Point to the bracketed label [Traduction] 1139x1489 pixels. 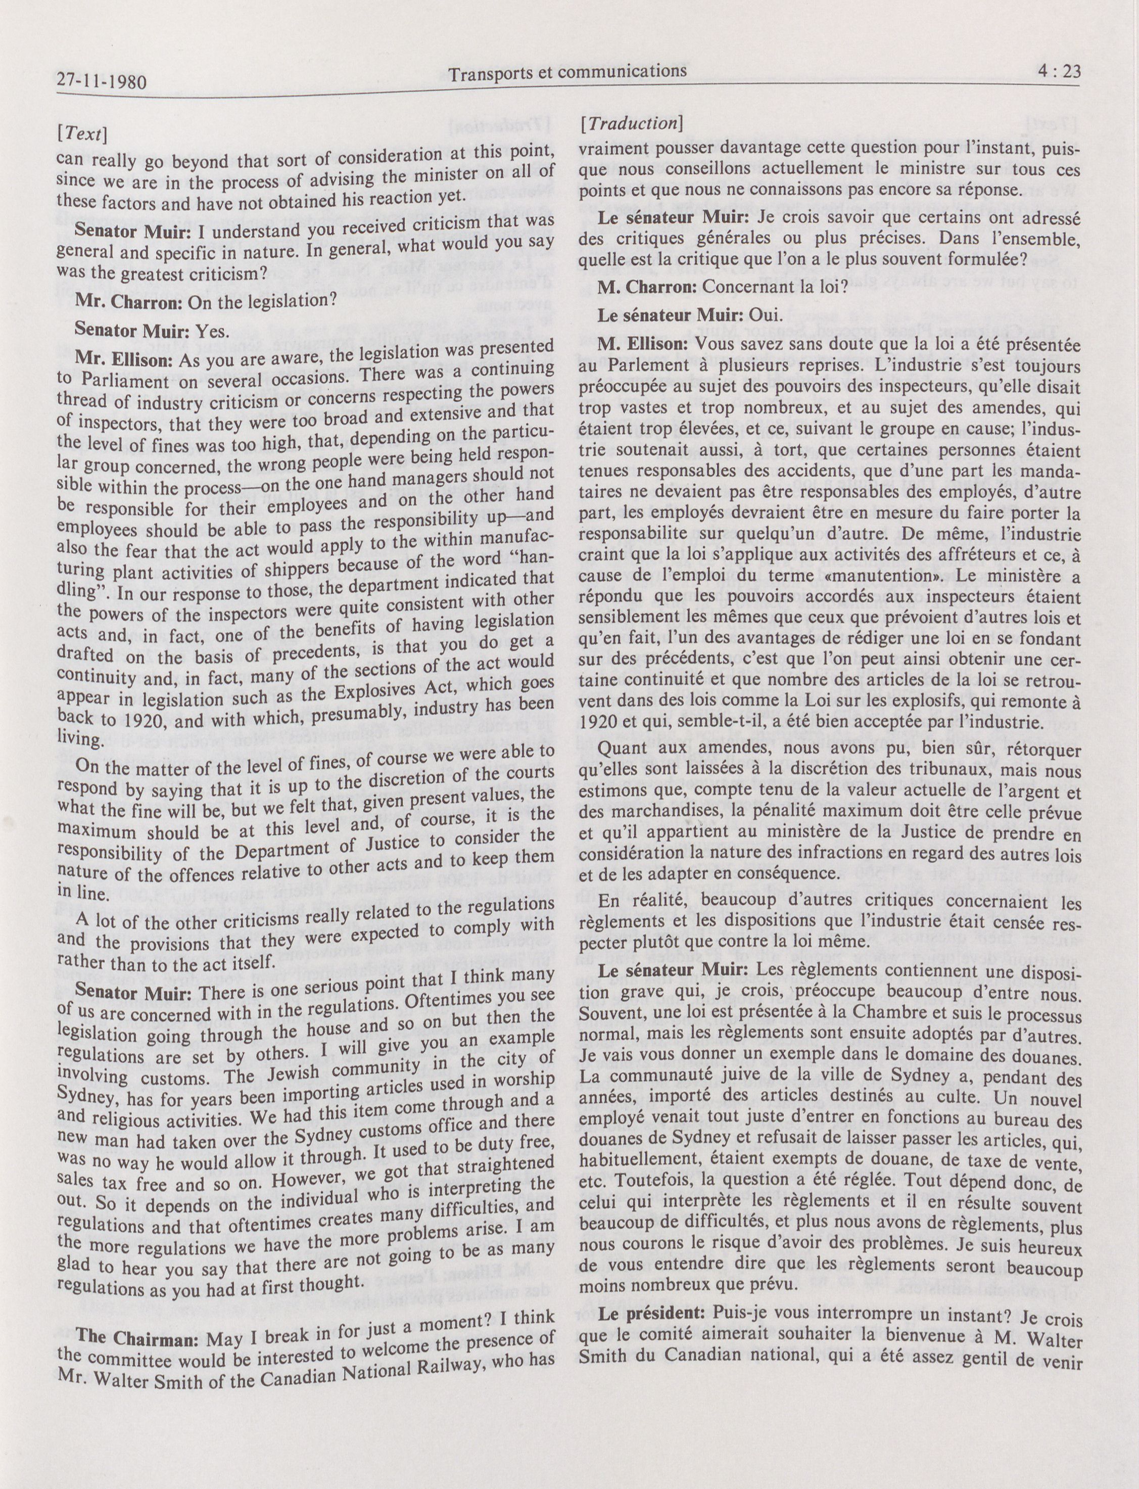coord(631,123)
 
